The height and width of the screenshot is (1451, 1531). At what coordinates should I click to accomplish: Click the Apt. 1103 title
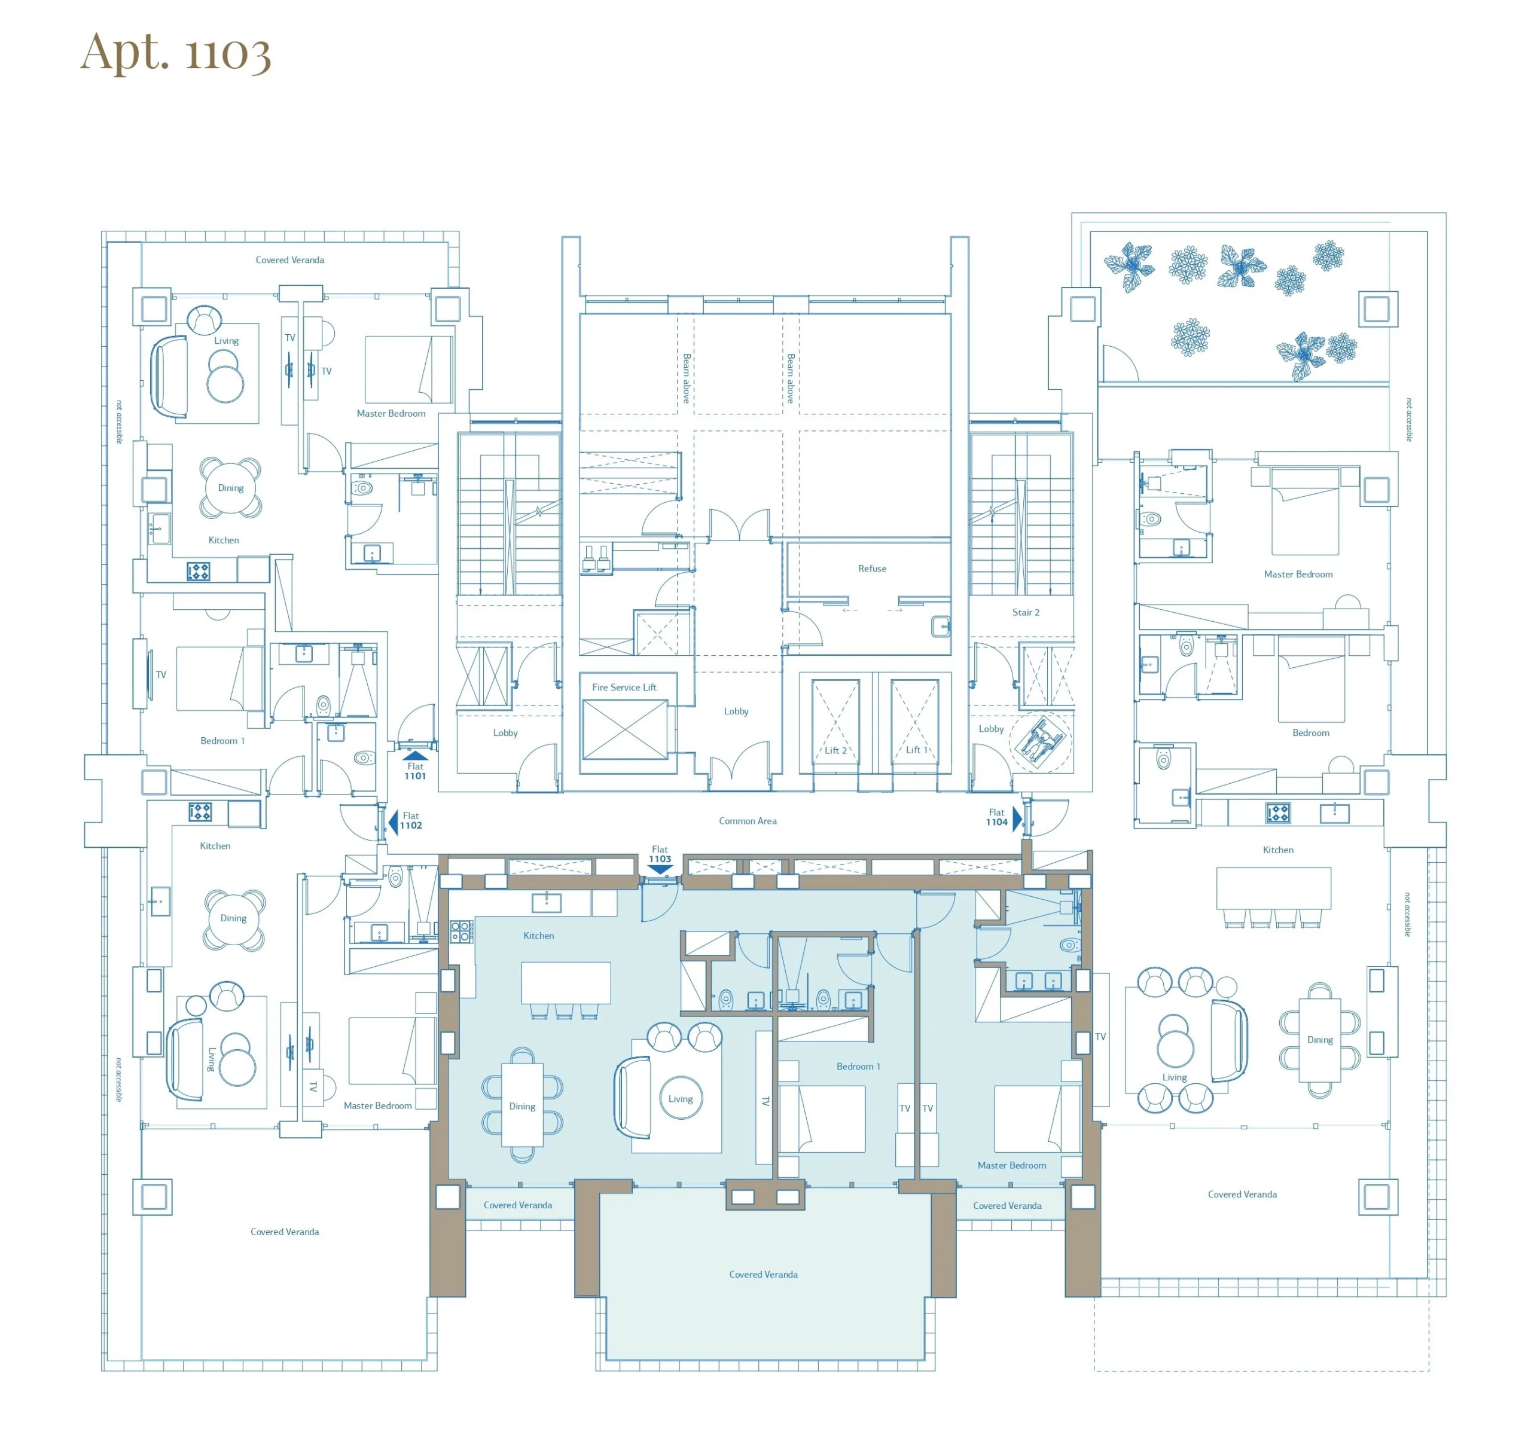(x=176, y=52)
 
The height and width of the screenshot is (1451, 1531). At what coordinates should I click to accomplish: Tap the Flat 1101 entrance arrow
(x=416, y=756)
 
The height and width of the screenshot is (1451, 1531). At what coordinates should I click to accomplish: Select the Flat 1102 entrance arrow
(x=393, y=821)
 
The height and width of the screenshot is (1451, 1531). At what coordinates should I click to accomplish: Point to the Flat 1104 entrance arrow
(x=1017, y=818)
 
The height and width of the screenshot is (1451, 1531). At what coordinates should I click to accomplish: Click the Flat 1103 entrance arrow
(x=660, y=869)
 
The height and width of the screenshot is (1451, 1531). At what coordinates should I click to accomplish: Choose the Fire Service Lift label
(x=624, y=687)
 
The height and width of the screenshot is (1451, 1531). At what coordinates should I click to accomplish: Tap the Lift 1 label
(x=917, y=750)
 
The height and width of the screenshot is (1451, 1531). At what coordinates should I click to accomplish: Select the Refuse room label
(x=872, y=569)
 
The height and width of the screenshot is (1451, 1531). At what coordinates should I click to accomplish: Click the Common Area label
(x=748, y=821)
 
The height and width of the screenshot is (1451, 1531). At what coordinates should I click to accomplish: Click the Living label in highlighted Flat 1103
(x=680, y=1098)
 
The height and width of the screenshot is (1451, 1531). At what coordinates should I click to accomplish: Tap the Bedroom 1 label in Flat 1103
(x=858, y=1066)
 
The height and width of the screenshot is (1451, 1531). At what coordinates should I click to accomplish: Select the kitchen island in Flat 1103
(x=566, y=982)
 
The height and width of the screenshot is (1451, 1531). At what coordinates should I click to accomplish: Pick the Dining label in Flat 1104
(x=1320, y=1040)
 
